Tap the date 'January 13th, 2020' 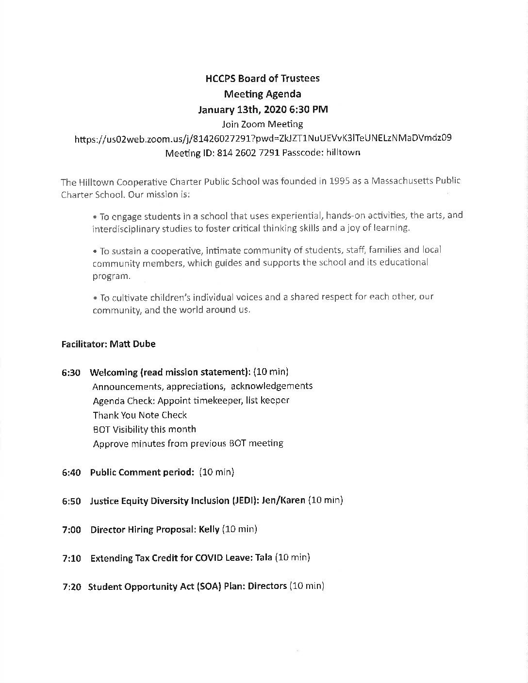(x=241, y=109)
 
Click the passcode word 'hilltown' (x=343, y=153)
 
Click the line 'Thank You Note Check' (x=140, y=415)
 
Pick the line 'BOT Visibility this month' (x=144, y=429)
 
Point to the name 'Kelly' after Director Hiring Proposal (x=209, y=529)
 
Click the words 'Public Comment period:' (x=142, y=472)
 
